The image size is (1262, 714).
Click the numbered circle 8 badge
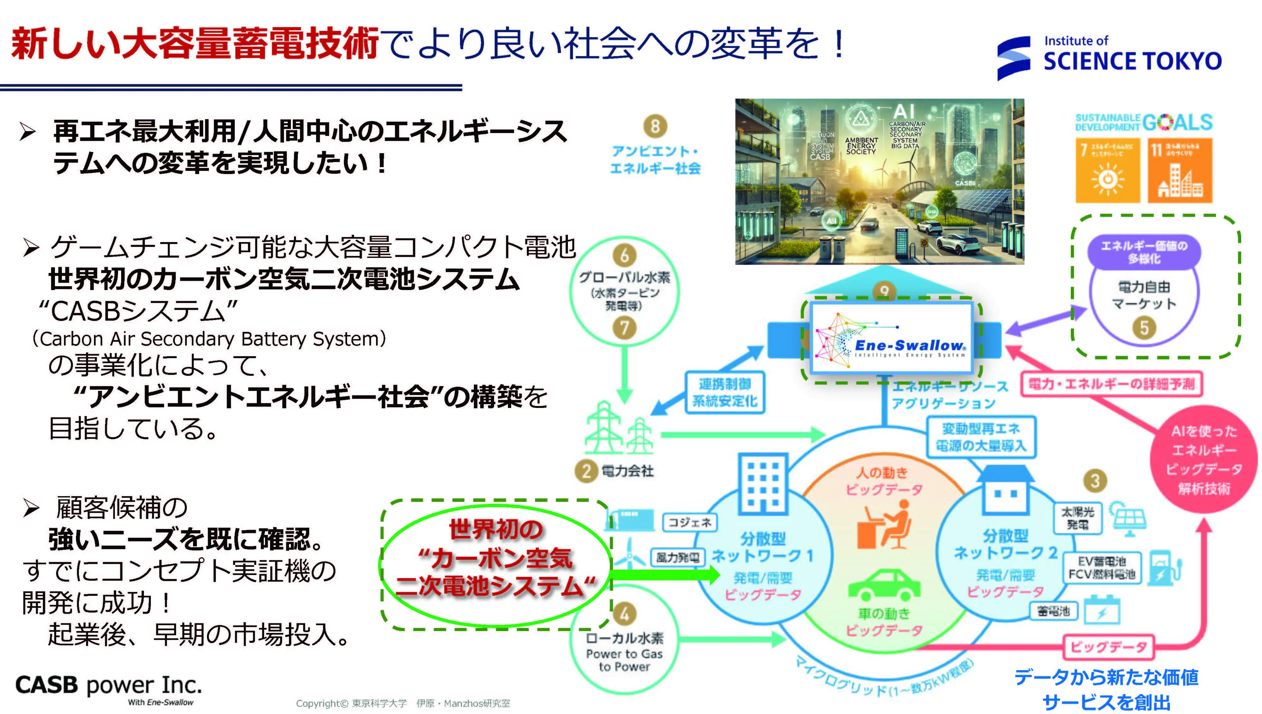tap(655, 126)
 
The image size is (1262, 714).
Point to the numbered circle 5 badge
tap(1144, 328)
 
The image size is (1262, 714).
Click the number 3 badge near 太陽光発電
tap(1095, 481)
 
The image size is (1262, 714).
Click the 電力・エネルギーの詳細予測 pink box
tap(1112, 384)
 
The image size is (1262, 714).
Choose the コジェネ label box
tap(689, 523)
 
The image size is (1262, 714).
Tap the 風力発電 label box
tap(678, 558)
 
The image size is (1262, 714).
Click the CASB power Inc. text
tap(109, 685)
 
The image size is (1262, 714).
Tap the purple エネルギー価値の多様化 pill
tap(1144, 252)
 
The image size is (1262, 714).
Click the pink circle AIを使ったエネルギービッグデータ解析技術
tap(1204, 460)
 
